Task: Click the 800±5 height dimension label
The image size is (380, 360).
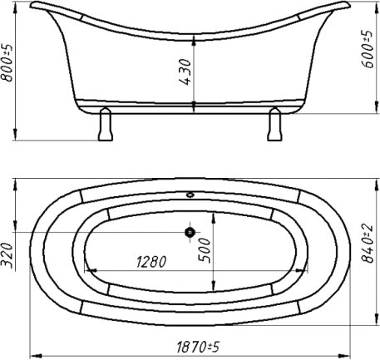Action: (7, 62)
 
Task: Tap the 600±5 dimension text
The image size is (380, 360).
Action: (368, 49)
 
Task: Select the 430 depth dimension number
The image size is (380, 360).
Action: (185, 72)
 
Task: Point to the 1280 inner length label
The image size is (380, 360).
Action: (151, 262)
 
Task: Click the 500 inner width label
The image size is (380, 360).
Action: (205, 250)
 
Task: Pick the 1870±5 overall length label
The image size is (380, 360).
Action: (198, 347)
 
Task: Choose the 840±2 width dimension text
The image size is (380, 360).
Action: (368, 244)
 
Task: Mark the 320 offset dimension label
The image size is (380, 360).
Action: (7, 255)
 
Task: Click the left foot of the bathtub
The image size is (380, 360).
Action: (106, 124)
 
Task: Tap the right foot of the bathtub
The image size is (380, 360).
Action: (274, 124)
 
